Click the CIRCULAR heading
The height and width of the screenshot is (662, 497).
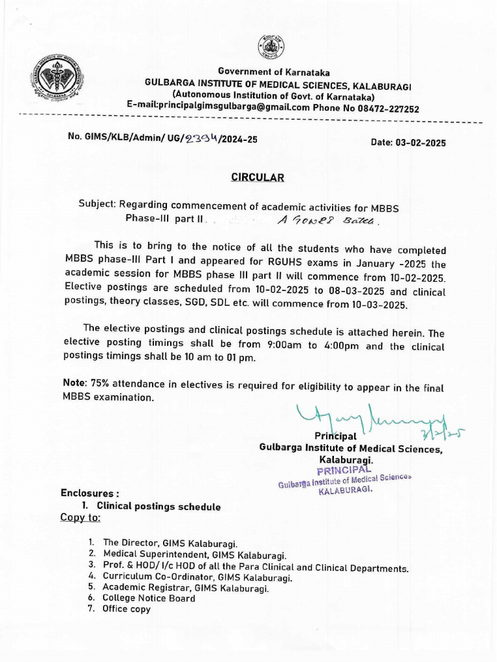[x=258, y=177]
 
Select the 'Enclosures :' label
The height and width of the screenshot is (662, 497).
[x=90, y=493]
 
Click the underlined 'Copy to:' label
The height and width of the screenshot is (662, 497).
[x=80, y=518]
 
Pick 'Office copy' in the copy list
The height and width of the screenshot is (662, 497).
[x=126, y=609]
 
